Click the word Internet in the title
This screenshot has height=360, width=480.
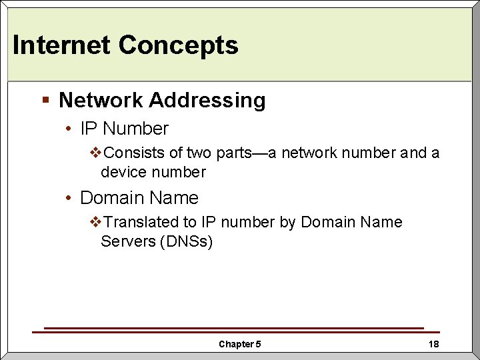coord(61,45)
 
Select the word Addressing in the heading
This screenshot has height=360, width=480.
coord(207,101)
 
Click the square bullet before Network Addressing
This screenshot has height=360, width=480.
coord(45,100)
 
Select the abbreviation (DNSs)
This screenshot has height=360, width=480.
coord(186,241)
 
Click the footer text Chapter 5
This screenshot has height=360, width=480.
coord(240,344)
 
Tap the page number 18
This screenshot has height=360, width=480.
coord(433,344)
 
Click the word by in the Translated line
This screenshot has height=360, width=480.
coord(287,222)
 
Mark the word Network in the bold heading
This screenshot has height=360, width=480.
coord(101,101)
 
